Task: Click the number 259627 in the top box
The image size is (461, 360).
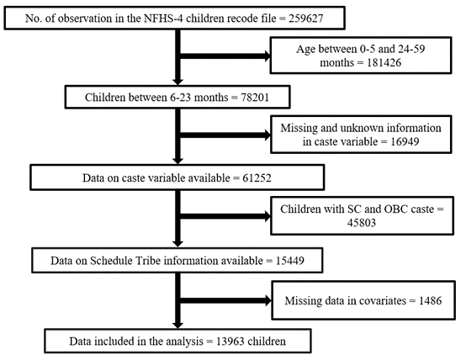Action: click(305, 19)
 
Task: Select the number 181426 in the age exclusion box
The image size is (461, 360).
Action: click(384, 62)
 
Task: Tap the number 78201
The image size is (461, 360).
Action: click(255, 97)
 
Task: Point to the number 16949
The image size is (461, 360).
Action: click(405, 141)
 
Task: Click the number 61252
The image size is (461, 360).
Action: click(257, 177)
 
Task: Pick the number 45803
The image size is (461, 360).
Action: click(362, 222)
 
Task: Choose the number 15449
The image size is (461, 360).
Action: click(290, 261)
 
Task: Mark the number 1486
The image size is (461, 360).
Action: click(430, 300)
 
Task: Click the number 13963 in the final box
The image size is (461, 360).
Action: click(231, 341)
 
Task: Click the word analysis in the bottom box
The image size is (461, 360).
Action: click(184, 341)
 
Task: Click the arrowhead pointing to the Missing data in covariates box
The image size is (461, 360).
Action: click(268, 300)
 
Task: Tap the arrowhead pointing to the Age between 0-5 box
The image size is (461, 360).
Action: click(268, 56)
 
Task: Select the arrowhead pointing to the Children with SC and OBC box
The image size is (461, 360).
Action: click(268, 216)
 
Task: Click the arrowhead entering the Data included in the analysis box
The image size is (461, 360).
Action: click(178, 325)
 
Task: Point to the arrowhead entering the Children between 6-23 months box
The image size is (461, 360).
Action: click(178, 82)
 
